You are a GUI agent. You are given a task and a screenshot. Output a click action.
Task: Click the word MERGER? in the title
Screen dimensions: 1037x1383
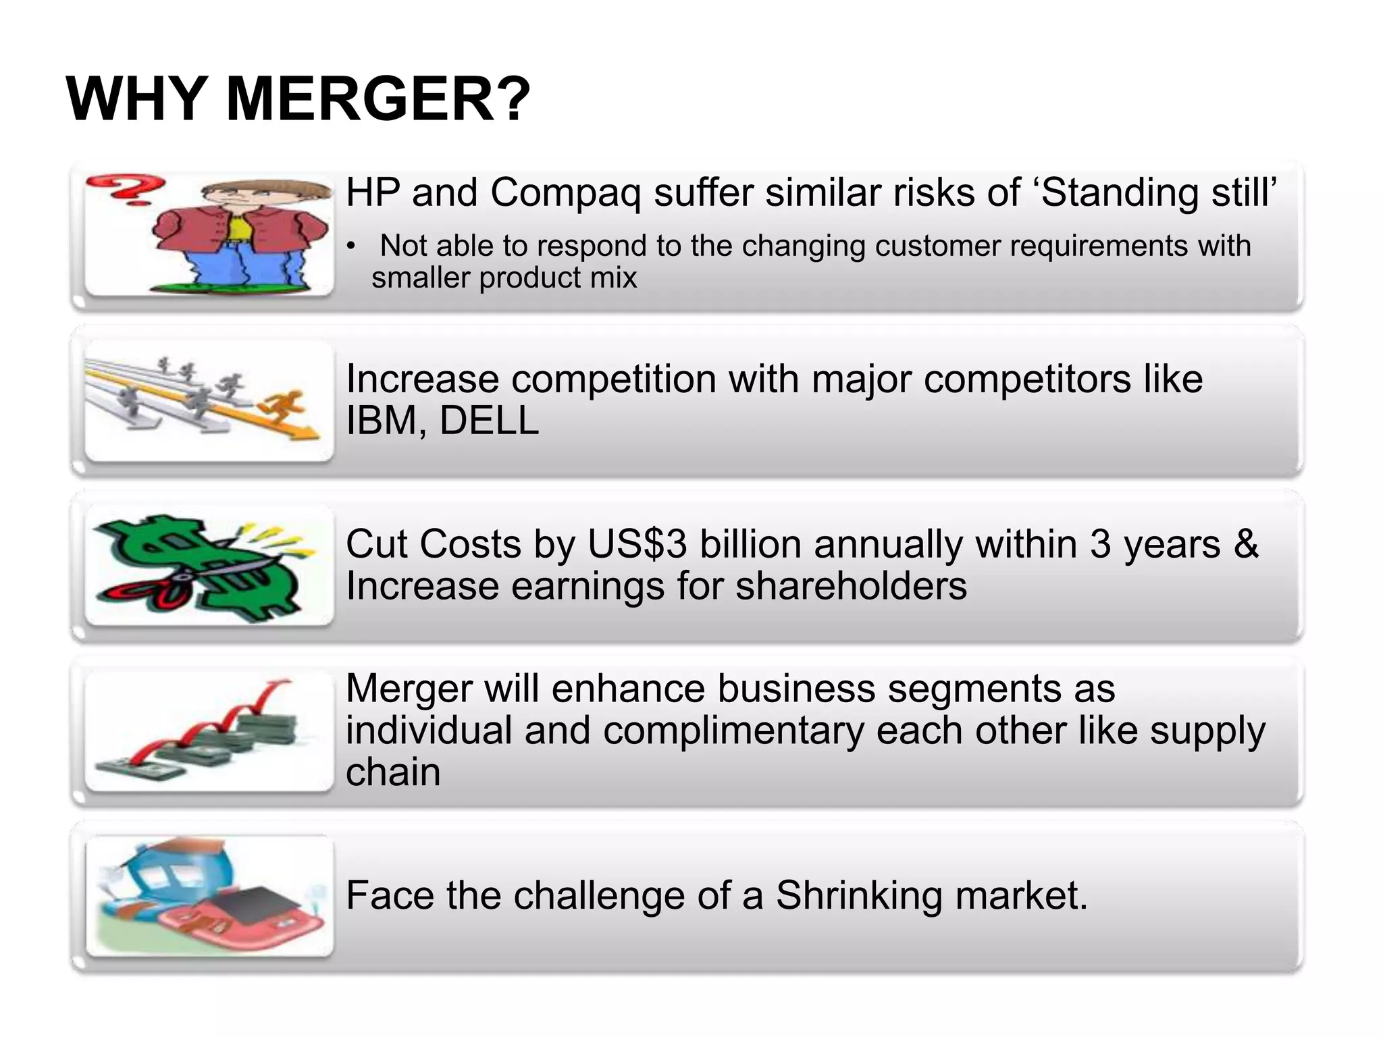click(x=378, y=99)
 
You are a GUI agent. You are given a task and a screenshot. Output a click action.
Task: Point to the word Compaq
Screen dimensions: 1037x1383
click(x=566, y=194)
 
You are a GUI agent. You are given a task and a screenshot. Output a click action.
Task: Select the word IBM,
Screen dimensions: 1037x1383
click(x=386, y=421)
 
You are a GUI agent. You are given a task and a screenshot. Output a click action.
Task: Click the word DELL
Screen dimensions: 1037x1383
click(x=489, y=421)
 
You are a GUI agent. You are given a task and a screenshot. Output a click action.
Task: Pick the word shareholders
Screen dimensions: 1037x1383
click(x=851, y=586)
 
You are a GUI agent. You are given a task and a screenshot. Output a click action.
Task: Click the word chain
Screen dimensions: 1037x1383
click(x=393, y=772)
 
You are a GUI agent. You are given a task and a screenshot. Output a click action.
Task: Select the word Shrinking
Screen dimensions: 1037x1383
click(x=859, y=896)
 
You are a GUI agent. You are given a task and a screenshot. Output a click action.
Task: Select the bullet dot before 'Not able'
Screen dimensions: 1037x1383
click(x=350, y=247)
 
